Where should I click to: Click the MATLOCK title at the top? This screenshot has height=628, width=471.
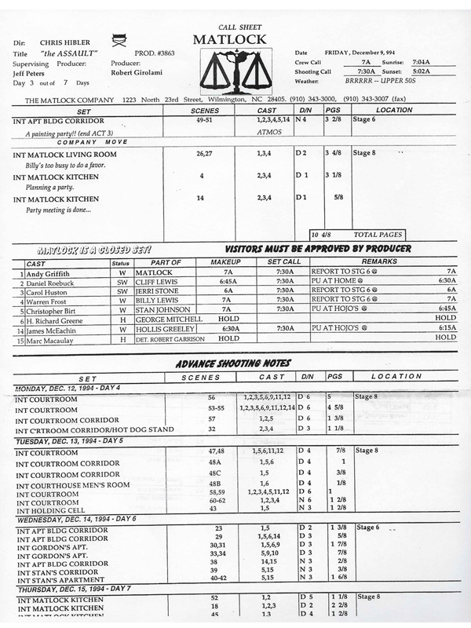click(229, 40)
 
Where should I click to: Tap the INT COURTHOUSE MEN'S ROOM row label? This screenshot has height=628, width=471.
click(71, 484)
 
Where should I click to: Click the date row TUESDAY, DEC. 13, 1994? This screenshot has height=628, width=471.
click(64, 441)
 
